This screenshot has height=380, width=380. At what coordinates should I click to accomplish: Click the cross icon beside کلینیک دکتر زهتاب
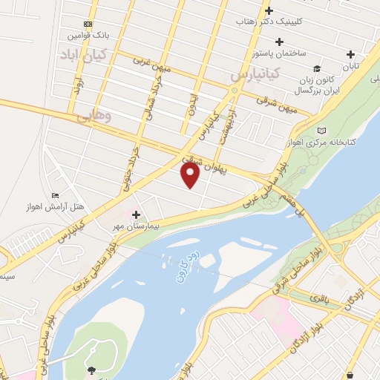click(x=269, y=10)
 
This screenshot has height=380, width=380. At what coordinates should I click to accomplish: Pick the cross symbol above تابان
click(x=350, y=54)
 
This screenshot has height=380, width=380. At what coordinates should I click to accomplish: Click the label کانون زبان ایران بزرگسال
click(x=312, y=84)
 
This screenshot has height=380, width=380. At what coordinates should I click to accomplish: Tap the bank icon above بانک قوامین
click(x=88, y=24)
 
